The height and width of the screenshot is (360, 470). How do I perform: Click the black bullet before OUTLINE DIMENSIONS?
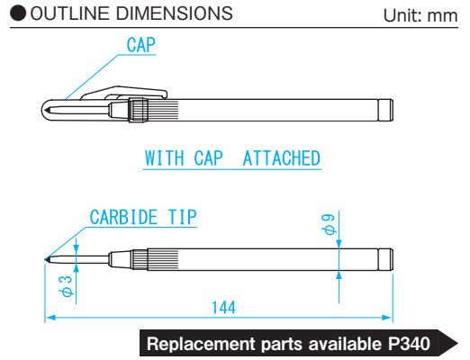click(x=18, y=13)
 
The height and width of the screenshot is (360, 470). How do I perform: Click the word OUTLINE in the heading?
click(x=69, y=13)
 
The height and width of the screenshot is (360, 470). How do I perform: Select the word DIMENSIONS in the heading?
click(x=175, y=13)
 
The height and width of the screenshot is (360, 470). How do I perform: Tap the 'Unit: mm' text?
click(x=420, y=15)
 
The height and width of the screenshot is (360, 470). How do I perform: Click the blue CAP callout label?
click(x=140, y=45)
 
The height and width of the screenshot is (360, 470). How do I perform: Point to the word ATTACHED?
click(x=282, y=158)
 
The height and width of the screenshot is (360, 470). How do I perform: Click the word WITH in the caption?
click(x=165, y=158)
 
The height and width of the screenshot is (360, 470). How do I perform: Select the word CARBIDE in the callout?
click(x=123, y=217)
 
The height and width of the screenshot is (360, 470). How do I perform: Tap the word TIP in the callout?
click(x=182, y=217)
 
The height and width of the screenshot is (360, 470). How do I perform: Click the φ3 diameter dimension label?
click(x=66, y=286)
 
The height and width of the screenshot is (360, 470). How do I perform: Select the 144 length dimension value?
click(x=223, y=308)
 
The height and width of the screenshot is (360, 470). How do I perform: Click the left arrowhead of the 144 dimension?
click(x=50, y=318)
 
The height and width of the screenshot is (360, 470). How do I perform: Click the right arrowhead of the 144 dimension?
click(x=387, y=318)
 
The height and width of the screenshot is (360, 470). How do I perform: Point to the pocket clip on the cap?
click(x=123, y=92)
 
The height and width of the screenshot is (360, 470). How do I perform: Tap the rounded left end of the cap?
click(x=44, y=110)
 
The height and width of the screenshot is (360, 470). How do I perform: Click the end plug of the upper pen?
click(x=385, y=110)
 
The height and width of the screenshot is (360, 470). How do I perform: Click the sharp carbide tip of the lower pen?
click(x=46, y=259)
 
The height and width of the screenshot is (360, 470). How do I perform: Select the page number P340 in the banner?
click(x=409, y=344)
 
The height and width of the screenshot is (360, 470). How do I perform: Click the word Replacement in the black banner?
click(x=201, y=344)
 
